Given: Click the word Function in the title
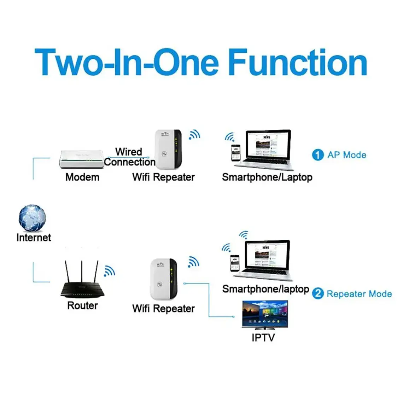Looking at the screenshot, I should [298, 63].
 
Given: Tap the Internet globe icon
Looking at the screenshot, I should [32, 218].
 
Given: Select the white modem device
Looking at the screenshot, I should [82, 159].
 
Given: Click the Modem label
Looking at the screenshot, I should [82, 177].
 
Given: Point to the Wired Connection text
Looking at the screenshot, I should [129, 157].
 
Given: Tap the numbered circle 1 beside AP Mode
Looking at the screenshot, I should [317, 155].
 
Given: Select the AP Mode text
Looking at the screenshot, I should [347, 155].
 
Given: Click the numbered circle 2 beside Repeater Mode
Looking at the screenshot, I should [318, 293].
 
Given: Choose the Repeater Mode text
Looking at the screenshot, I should [359, 294].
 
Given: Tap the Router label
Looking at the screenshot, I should [82, 305].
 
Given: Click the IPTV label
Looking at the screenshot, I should [263, 338].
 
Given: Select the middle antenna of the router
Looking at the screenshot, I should [82, 271].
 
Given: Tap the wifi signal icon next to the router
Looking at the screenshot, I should [109, 271].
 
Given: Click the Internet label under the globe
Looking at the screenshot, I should [34, 238].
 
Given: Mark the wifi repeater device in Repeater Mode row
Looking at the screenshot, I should [164, 279].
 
